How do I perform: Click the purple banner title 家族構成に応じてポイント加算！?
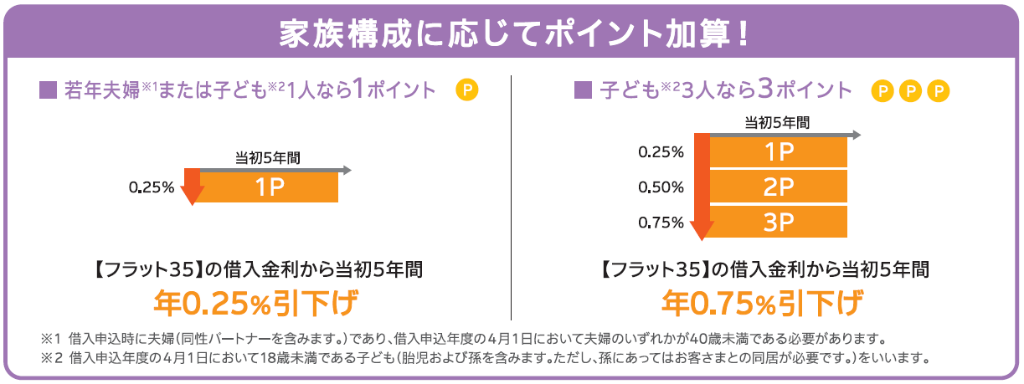tap(512, 33)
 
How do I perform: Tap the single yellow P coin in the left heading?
tap(466, 90)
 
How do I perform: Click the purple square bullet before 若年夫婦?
tap(48, 90)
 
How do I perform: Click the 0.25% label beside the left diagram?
tap(152, 187)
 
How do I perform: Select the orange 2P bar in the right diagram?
tap(779, 187)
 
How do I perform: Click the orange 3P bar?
tap(779, 222)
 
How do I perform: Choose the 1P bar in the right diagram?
tap(779, 152)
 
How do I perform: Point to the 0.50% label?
tap(661, 187)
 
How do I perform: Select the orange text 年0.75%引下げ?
tap(763, 303)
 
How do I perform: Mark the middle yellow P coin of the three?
tap(910, 90)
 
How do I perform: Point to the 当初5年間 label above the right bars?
tap(777, 122)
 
